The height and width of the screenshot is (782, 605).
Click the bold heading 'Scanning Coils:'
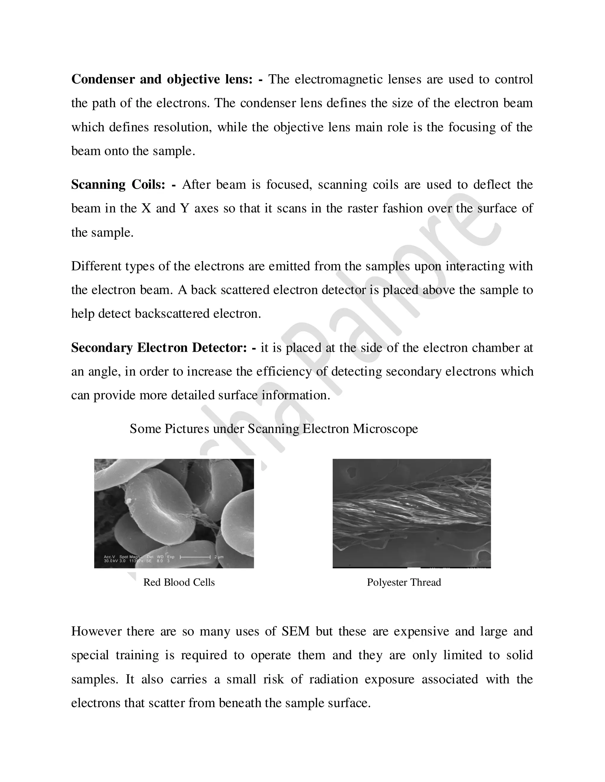pyautogui.click(x=118, y=185)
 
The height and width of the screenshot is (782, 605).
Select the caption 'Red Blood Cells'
pyautogui.click(x=179, y=582)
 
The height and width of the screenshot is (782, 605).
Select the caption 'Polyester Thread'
pyautogui.click(x=404, y=582)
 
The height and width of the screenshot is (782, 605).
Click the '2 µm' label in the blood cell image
pyautogui.click(x=219, y=557)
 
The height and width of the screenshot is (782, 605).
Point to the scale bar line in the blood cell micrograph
pyautogui.click(x=195, y=557)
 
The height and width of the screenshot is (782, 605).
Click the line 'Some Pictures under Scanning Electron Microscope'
pyautogui.click(x=274, y=428)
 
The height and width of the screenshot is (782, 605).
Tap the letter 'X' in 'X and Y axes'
pyautogui.click(x=146, y=208)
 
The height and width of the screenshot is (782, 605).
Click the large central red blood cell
pyautogui.click(x=161, y=505)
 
